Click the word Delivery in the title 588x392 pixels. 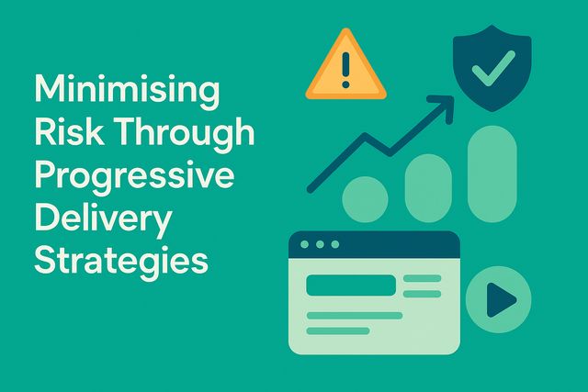(102, 218)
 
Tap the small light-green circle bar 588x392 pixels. (365, 197)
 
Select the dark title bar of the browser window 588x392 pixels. (373, 245)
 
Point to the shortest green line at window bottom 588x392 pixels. (337, 330)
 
